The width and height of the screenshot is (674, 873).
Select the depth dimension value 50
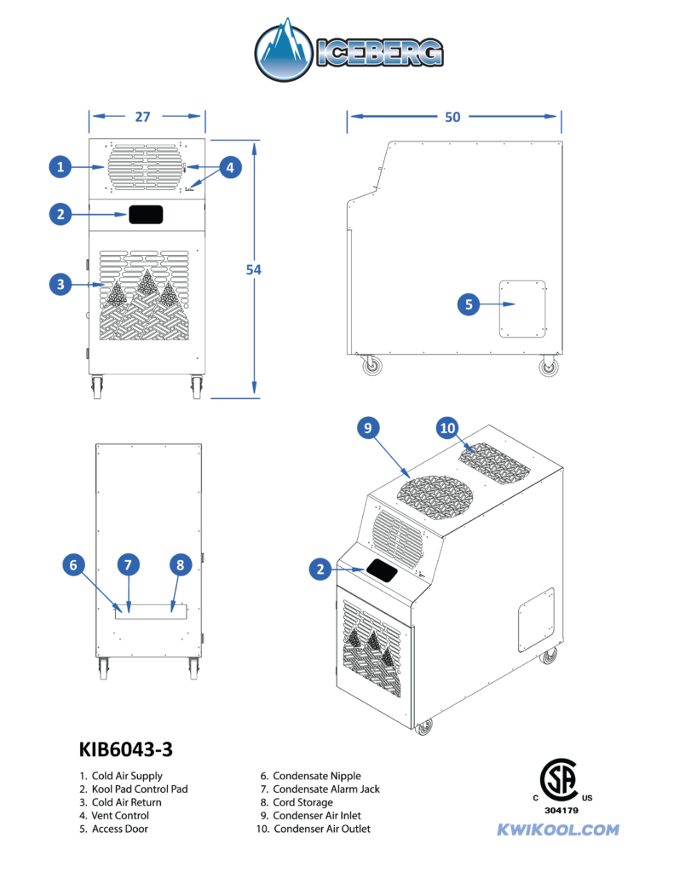pyautogui.click(x=452, y=117)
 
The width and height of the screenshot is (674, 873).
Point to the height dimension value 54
pyautogui.click(x=253, y=269)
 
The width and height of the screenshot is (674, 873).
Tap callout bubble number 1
pyautogui.click(x=60, y=167)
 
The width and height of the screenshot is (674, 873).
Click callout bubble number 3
pyautogui.click(x=60, y=285)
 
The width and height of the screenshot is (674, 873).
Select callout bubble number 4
pyautogui.click(x=229, y=167)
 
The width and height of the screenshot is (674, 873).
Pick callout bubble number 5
pyautogui.click(x=469, y=304)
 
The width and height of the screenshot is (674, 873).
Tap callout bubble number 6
pyautogui.click(x=74, y=564)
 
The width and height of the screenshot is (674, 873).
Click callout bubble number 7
pyautogui.click(x=128, y=564)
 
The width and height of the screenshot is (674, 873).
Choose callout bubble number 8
pyautogui.click(x=179, y=564)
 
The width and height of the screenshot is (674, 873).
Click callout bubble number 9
pyautogui.click(x=367, y=429)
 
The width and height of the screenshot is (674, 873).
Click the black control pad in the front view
pyautogui.click(x=146, y=214)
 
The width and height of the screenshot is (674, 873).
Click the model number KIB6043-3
pyautogui.click(x=125, y=749)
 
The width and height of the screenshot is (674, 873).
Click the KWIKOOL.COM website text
pyautogui.click(x=557, y=830)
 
